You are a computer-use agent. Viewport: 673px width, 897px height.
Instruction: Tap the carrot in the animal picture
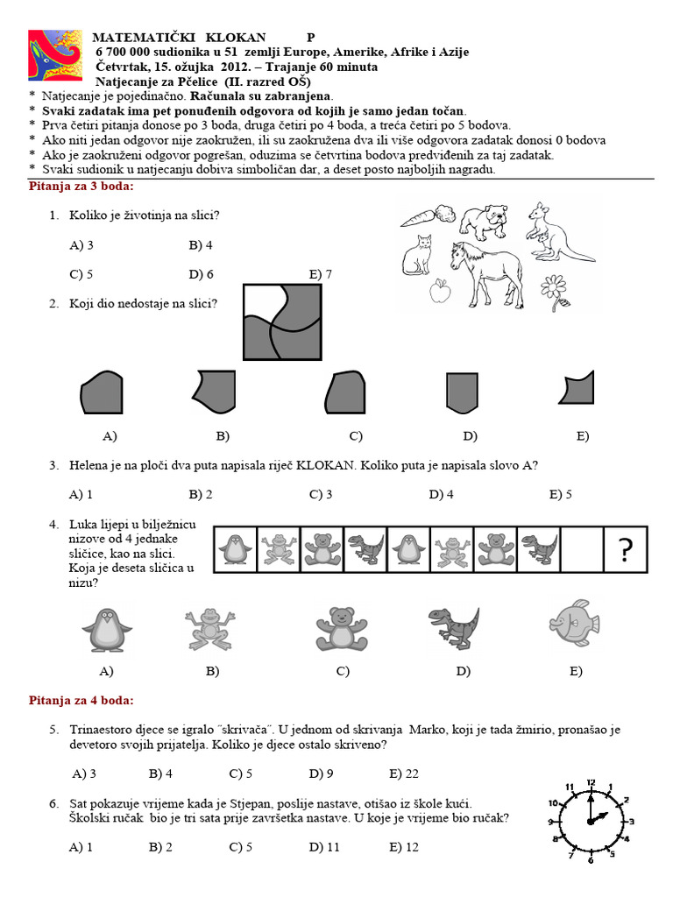click(426, 215)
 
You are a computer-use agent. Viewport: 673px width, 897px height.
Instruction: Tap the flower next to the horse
click(554, 291)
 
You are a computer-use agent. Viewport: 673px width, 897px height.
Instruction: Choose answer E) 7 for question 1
click(321, 274)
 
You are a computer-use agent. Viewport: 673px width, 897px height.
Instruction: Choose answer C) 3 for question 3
click(321, 494)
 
